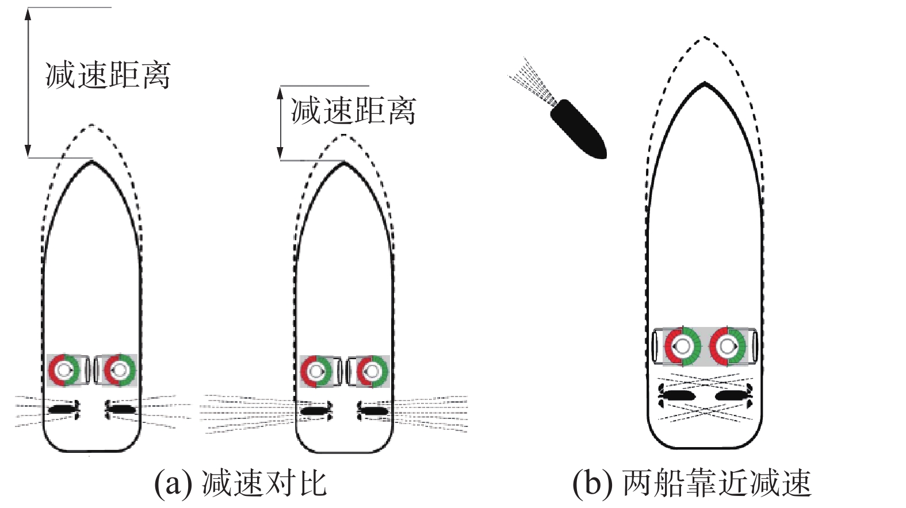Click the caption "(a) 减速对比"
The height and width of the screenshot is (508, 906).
[x=240, y=483]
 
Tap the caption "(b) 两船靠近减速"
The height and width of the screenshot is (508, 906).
[x=692, y=483]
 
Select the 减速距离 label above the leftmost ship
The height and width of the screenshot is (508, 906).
[x=108, y=75]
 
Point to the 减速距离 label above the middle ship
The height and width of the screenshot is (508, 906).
[x=353, y=110]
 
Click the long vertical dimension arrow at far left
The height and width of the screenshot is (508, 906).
[x=28, y=83]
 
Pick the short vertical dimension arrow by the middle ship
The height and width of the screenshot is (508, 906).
[x=280, y=123]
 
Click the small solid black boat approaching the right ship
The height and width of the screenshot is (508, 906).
[x=578, y=129]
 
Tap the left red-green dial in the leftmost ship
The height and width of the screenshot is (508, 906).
[x=64, y=370]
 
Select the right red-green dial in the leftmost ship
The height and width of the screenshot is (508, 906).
[x=119, y=370]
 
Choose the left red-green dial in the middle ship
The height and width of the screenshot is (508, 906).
[x=316, y=371]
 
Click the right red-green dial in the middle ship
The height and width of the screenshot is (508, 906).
[x=372, y=371]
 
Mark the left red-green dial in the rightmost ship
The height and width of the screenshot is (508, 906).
[x=683, y=347]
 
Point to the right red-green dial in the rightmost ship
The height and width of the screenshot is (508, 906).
[x=728, y=347]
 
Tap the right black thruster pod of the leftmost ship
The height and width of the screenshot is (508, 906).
[x=120, y=409]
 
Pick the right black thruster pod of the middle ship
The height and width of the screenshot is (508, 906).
[x=373, y=410]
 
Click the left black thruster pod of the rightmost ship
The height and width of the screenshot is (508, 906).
[x=677, y=395]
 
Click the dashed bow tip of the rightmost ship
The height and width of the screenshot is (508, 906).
[x=705, y=38]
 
